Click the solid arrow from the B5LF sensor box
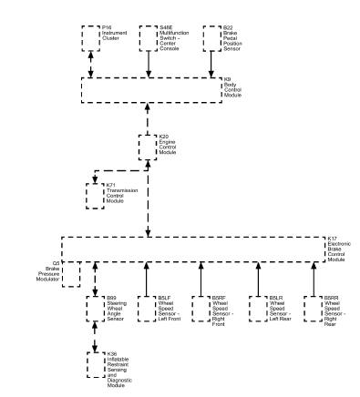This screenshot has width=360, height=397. coord(147,278)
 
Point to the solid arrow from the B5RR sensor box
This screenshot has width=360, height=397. coord(314,278)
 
